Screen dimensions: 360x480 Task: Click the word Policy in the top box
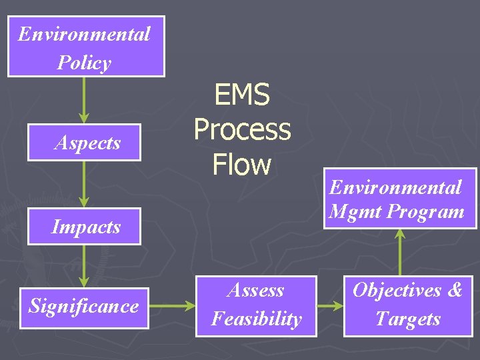[84, 63]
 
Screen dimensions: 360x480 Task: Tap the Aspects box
[84, 143]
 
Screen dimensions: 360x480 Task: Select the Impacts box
[84, 227]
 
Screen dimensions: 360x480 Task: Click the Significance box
[84, 306]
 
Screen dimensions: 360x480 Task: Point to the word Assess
[256, 291]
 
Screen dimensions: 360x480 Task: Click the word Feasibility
[256, 319]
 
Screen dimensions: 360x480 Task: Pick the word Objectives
[397, 291]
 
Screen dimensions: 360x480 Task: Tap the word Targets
[407, 319]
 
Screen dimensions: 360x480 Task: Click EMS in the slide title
[241, 95]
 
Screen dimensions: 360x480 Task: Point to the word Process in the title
[242, 129]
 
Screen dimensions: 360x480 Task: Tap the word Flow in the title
[241, 164]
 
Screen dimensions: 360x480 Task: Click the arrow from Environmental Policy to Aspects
[84, 100]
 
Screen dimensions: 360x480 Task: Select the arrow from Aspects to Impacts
[84, 184]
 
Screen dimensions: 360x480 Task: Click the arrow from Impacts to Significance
[84, 266]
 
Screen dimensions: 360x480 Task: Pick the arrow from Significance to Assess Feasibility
[172, 307]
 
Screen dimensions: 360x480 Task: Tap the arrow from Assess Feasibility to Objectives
[329, 307]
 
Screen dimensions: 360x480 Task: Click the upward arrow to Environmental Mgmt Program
[400, 252]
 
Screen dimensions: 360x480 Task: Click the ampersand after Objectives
[455, 291]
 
